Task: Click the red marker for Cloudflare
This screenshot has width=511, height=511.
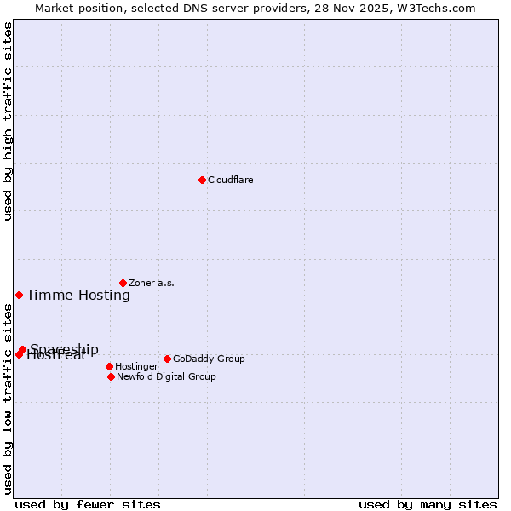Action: pyautogui.click(x=202, y=180)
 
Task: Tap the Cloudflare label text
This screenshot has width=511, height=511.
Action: pyautogui.click(x=231, y=181)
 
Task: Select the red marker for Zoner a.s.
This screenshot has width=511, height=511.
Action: pyautogui.click(x=123, y=283)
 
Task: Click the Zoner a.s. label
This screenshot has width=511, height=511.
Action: pyautogui.click(x=152, y=284)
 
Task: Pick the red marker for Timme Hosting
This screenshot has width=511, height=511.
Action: pyautogui.click(x=19, y=295)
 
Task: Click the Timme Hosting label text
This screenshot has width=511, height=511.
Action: pyautogui.click(x=78, y=296)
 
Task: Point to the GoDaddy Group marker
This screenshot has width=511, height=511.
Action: pyautogui.click(x=167, y=359)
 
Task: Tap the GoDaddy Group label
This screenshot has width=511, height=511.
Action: pyautogui.click(x=209, y=359)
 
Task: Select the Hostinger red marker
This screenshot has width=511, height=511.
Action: pyautogui.click(x=109, y=366)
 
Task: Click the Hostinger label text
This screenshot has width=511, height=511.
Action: pyautogui.click(x=136, y=367)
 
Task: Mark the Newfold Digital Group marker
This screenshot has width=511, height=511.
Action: pyautogui.click(x=111, y=376)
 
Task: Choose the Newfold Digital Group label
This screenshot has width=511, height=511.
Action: pyautogui.click(x=166, y=377)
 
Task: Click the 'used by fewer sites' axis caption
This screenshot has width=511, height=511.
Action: pyautogui.click(x=88, y=505)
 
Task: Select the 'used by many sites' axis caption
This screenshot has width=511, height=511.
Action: pyautogui.click(x=428, y=505)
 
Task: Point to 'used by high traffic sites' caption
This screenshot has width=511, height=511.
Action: pyautogui.click(x=8, y=121)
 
